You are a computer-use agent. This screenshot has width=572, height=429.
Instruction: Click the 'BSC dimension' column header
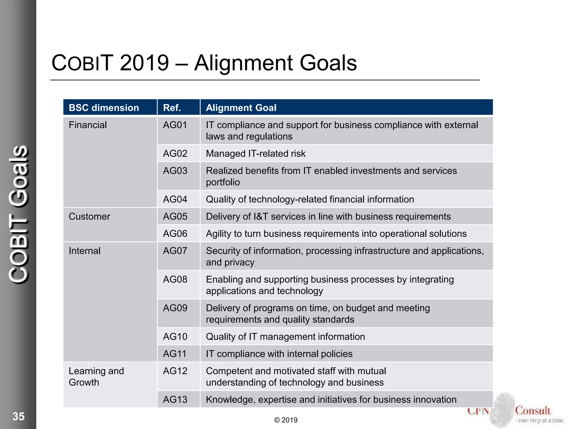point(104,108)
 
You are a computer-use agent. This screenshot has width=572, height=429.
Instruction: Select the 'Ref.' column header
point(172,108)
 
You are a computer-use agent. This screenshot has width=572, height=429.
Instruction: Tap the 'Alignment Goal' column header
point(241,108)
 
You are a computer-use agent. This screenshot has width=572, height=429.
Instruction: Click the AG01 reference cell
point(175,125)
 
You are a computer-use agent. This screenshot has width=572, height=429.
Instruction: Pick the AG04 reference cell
point(175,199)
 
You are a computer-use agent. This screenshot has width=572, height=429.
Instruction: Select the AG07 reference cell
point(175,251)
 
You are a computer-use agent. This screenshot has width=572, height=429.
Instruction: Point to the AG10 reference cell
point(175,337)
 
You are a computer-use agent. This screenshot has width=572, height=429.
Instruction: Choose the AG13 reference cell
point(175,399)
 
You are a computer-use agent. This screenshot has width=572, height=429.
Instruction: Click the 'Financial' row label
point(88,125)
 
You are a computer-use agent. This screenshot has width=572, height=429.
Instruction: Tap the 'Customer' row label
point(89,216)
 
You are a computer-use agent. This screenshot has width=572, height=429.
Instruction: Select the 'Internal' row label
point(85,251)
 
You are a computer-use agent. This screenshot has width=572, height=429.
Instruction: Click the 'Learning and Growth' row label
point(96,376)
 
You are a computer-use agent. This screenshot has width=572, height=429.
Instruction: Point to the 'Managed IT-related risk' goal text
point(256,154)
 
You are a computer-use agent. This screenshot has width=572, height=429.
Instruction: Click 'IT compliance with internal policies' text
point(279,354)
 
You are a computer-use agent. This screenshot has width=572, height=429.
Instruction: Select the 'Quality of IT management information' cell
point(285,337)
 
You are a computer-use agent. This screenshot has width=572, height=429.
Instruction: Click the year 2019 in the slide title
point(144,63)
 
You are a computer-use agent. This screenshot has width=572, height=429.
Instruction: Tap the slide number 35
point(18,416)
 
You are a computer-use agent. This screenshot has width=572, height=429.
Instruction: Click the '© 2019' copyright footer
point(286,420)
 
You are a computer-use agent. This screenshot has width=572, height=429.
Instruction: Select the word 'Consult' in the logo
point(533,411)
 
